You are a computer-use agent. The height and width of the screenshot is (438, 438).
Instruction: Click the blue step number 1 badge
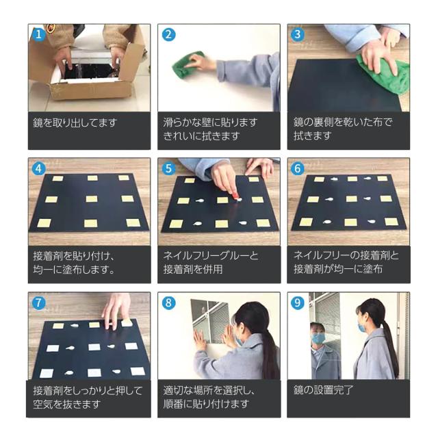[x=38, y=35]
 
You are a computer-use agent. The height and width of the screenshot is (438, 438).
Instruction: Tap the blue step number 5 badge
[x=169, y=169]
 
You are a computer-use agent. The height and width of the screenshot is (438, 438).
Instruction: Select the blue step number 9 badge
[x=298, y=302]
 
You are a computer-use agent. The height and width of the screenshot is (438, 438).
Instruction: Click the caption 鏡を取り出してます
[x=75, y=123]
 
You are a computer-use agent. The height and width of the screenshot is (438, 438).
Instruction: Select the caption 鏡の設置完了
[x=323, y=390]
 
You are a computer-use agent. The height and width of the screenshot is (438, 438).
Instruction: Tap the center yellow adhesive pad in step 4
[x=92, y=198]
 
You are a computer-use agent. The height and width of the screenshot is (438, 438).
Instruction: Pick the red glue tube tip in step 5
[x=235, y=194]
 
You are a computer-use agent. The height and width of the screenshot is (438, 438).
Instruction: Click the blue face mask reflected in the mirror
[x=318, y=337]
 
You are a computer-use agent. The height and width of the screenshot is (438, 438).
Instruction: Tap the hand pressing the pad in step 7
[x=117, y=311]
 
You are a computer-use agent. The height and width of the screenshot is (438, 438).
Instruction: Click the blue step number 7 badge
[x=38, y=302]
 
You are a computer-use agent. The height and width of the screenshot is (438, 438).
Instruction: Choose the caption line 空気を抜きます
[x=66, y=404]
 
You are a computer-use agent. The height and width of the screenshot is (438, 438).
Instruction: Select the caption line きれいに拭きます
[x=201, y=136]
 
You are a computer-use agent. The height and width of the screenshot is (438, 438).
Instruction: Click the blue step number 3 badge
[x=298, y=35]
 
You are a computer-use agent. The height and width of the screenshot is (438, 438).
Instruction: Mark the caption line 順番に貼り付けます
[x=206, y=404]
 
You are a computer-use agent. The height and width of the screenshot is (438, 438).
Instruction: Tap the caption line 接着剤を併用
[x=193, y=269]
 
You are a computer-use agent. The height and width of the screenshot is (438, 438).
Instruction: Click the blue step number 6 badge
[x=298, y=169]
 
